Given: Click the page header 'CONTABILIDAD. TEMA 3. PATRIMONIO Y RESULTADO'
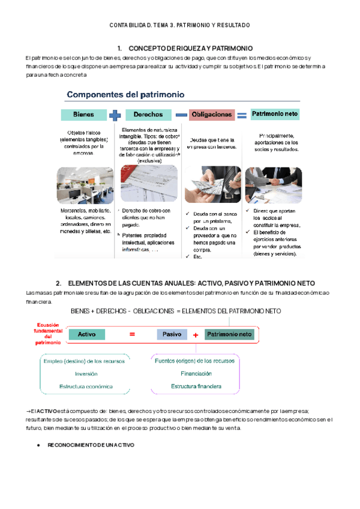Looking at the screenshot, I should [x=179, y=25].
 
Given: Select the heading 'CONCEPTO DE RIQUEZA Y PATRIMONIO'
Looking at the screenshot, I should [x=191, y=48].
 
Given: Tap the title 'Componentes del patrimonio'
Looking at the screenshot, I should [x=125, y=94].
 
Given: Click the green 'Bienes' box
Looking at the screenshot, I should [x=83, y=114].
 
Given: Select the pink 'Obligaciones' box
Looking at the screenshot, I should [x=211, y=114].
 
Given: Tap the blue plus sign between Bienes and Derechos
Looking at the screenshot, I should [x=115, y=114].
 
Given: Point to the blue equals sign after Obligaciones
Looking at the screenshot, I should [x=241, y=114].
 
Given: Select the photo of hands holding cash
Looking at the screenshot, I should [x=211, y=184].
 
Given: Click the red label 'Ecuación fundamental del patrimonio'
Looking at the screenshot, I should [x=46, y=334].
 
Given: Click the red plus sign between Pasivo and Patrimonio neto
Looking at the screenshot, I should [x=196, y=336].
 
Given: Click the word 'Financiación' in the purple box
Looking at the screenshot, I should [x=196, y=373].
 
